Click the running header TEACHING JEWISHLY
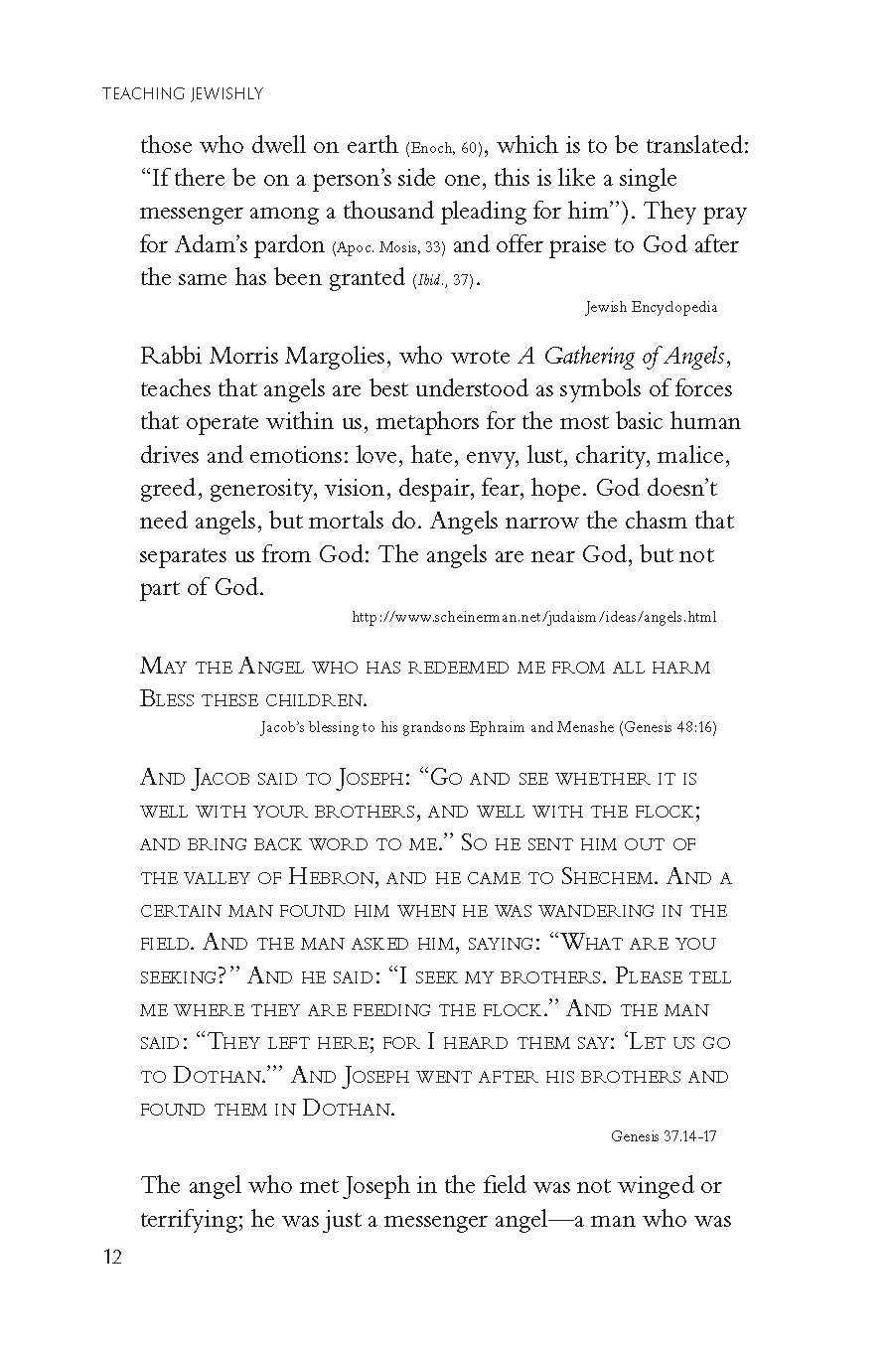pyautogui.click(x=183, y=94)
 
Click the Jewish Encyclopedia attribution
pyautogui.click(x=651, y=307)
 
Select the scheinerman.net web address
pyautogui.click(x=534, y=617)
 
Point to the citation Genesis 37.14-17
pyautogui.click(x=664, y=1135)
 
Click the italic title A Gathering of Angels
pyautogui.click(x=626, y=356)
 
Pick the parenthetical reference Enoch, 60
pyautogui.click(x=444, y=148)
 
